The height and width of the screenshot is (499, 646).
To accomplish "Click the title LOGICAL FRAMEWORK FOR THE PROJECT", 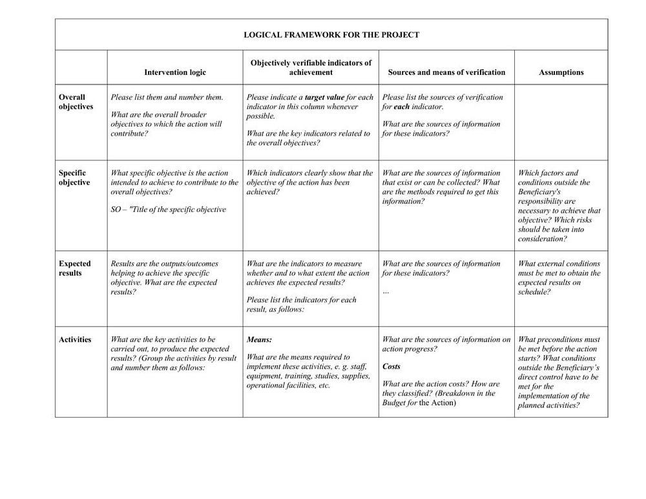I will coord(331,35).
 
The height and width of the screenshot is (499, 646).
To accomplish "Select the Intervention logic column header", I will coord(175,72).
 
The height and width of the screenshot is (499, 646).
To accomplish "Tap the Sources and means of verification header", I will coord(446,72).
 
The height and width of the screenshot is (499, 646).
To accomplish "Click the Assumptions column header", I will coord(561,72).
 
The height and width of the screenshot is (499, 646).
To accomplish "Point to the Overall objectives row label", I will coord(76,102).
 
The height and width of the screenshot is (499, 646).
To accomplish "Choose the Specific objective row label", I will coord(74,178).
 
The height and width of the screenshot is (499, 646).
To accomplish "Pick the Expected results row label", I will coord(74,268).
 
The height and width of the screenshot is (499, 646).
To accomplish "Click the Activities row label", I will coord(75,339).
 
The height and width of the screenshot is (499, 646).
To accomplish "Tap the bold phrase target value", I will coord(324,98).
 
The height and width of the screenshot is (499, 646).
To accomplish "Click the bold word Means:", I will coord(259,339).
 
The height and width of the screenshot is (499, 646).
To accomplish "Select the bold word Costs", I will coord(391,366).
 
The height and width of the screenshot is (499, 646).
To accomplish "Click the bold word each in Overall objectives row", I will coord(402,107).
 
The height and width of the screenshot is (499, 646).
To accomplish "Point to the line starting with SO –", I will coord(168,209).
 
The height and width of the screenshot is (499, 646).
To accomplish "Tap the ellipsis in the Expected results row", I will coord(386,292).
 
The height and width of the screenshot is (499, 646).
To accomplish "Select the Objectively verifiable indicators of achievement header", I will coord(311,68).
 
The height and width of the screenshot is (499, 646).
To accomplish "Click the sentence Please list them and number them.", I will coord(167,98).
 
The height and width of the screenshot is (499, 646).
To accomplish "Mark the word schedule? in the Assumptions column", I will coord(534,292).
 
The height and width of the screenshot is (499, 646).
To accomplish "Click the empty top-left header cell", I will coord(81,68).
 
